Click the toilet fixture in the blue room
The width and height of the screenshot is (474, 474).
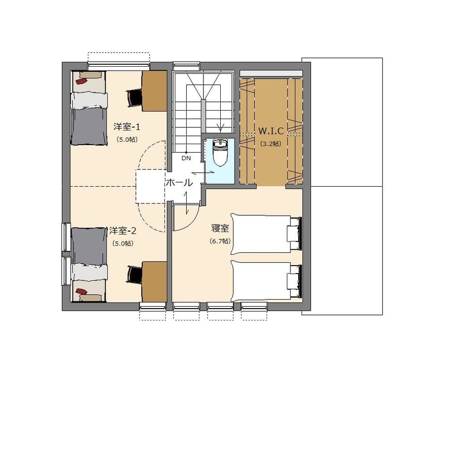pyautogui.click(x=220, y=153)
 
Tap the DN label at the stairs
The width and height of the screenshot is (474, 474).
pyautogui.click(x=186, y=158)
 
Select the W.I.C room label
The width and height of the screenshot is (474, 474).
pyautogui.click(x=271, y=131)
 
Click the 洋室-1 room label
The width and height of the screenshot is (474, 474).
pyautogui.click(x=127, y=127)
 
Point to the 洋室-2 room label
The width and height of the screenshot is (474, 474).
pyautogui.click(x=123, y=231)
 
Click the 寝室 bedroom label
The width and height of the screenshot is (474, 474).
pyautogui.click(x=220, y=228)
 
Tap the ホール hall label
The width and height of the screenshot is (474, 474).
pyautogui.click(x=179, y=183)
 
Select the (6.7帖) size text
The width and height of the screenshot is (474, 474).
pyautogui.click(x=220, y=241)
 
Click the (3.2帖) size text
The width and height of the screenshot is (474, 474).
pyautogui.click(x=271, y=144)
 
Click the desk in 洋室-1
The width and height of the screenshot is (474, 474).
pyautogui.click(x=155, y=91)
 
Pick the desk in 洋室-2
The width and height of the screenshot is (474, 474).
pyautogui.click(x=155, y=281)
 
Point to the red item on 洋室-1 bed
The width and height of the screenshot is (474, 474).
pyautogui.click(x=81, y=81)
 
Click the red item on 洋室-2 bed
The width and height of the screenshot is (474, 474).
pyautogui.click(x=81, y=291)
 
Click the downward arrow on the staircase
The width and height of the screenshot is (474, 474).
pyautogui.click(x=220, y=127)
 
